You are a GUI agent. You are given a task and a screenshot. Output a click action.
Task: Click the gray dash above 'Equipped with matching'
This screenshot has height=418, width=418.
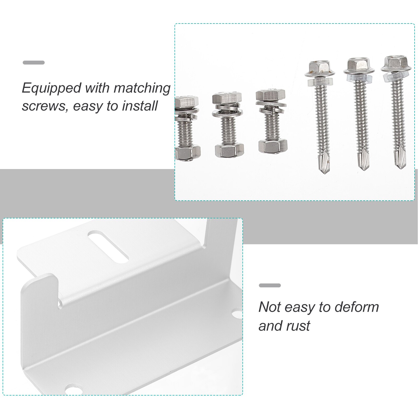click(33, 62)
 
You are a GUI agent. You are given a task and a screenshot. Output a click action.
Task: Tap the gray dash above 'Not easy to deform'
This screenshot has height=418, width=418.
click(270, 285)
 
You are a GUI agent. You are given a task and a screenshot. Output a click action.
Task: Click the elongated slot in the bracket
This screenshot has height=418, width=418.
click(108, 247)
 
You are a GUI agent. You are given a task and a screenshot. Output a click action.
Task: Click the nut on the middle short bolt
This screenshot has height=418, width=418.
click(229, 150)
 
